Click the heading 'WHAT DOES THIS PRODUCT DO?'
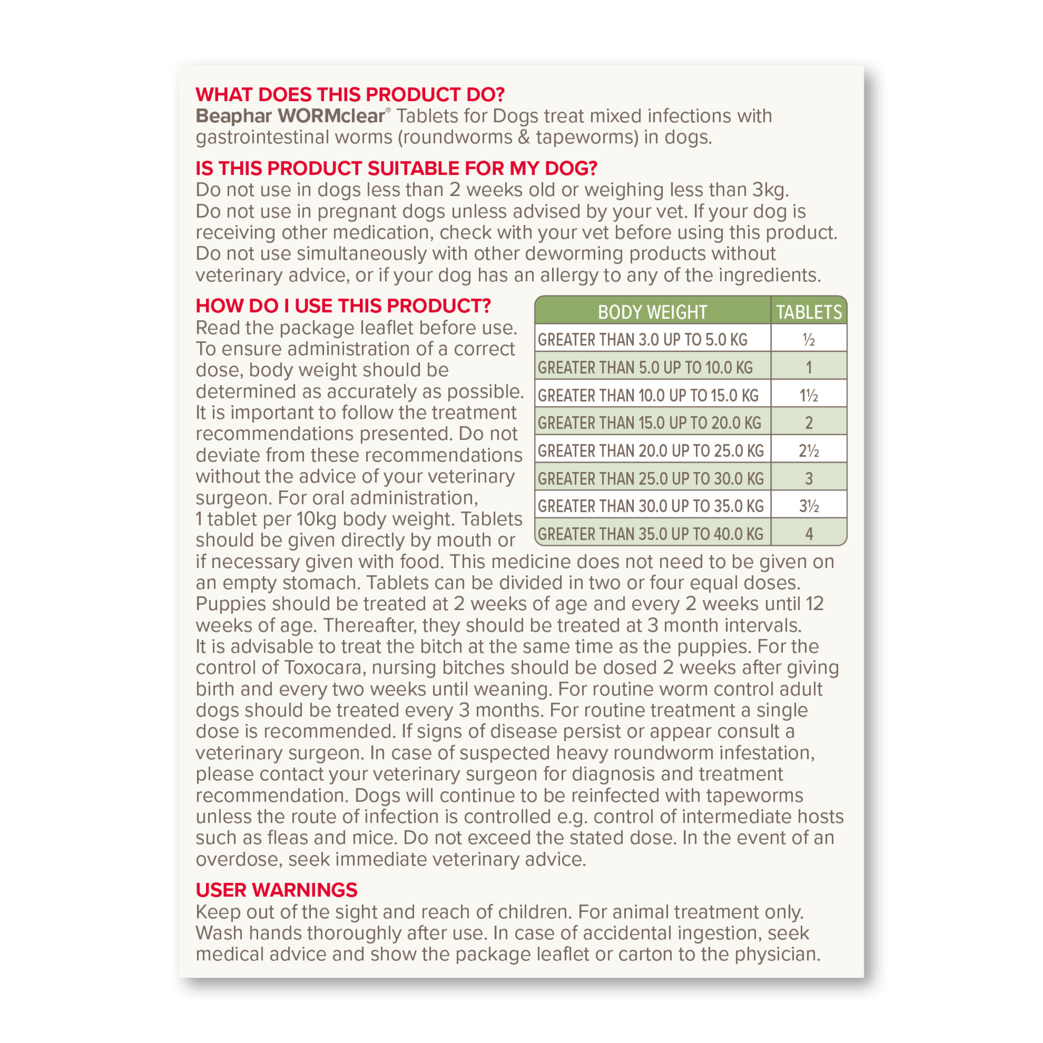(x=350, y=95)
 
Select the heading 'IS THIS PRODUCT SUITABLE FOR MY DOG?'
(x=396, y=168)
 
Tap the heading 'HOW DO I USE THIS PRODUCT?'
(x=343, y=306)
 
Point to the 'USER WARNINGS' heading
(x=277, y=890)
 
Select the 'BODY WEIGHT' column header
(x=652, y=312)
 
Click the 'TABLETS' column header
(x=809, y=312)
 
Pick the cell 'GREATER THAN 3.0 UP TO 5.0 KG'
(x=642, y=340)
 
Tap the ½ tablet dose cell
(x=809, y=340)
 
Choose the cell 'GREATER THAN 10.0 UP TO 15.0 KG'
(x=648, y=395)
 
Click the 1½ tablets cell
(x=809, y=395)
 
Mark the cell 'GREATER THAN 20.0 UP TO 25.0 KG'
(x=650, y=451)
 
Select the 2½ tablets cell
(x=809, y=451)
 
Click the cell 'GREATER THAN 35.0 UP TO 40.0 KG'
(x=650, y=534)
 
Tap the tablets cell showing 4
(x=809, y=534)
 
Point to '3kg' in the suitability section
(x=770, y=190)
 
